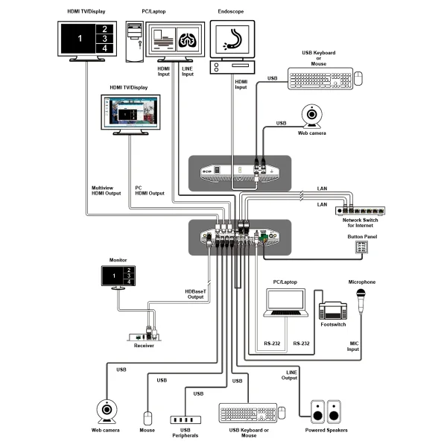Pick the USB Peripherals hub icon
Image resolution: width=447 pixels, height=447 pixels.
coord(186,420)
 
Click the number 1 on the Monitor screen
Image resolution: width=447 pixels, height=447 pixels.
coord(115,276)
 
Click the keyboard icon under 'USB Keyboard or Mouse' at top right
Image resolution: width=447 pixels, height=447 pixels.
coord(320,78)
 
